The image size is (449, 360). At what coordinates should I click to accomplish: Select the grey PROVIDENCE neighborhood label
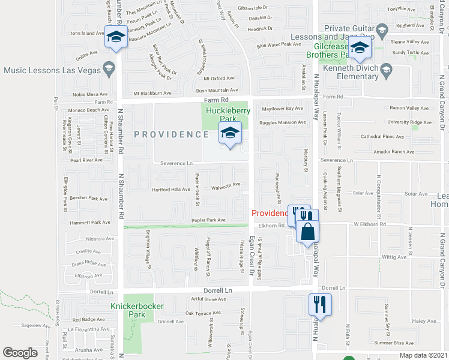[x=171, y=134]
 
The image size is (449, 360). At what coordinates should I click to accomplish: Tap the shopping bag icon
[x=307, y=231]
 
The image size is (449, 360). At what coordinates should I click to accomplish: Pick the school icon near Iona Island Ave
[x=116, y=37]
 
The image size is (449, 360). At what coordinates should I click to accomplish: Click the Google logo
[x=20, y=353]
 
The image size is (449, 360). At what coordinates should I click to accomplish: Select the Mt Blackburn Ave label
[x=152, y=93]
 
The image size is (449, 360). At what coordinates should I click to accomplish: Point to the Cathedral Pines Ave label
[x=382, y=136]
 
